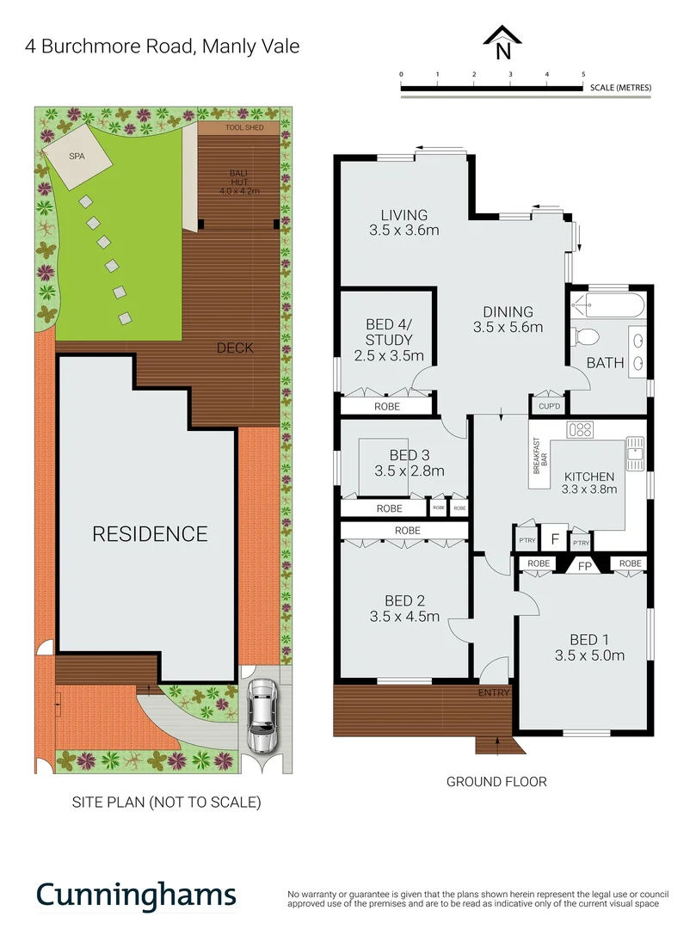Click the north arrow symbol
point(502,40)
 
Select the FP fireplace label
point(584,566)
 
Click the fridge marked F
point(556,538)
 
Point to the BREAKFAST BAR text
point(539,453)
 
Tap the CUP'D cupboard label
point(549,406)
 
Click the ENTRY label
point(494,692)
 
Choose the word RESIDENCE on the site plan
point(150,534)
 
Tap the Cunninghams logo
point(136,895)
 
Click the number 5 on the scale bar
point(583,75)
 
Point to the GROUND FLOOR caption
point(496,782)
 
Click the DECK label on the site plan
point(235,348)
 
